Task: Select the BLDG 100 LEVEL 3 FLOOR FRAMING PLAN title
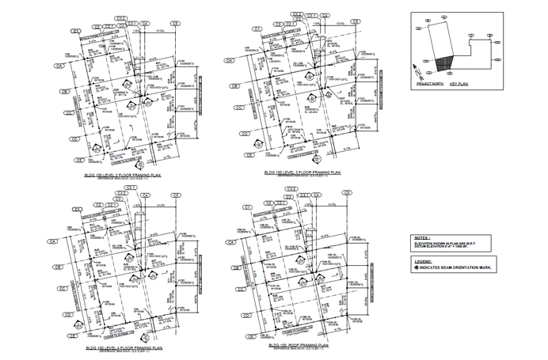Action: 303,172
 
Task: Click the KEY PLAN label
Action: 459,83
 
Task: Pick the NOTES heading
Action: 421,237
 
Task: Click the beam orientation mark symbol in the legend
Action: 416,267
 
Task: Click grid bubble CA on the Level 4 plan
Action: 54,241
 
